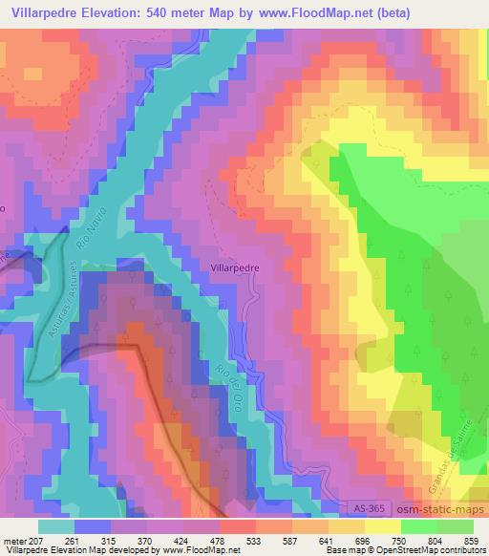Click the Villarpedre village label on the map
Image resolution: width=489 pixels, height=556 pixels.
click(x=234, y=268)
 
